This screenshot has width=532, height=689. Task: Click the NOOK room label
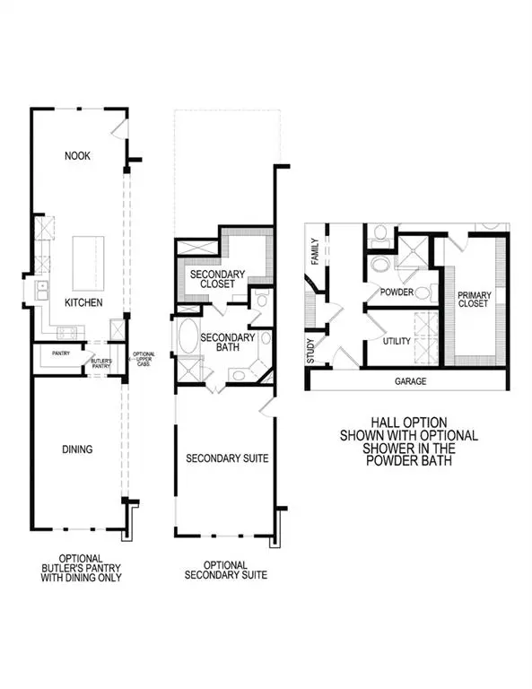click(x=77, y=156)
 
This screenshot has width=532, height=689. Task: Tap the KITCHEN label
click(x=83, y=303)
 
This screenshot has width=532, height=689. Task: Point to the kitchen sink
click(x=41, y=290)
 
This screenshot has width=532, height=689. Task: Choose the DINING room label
click(x=77, y=449)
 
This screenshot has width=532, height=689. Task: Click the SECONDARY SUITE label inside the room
click(x=227, y=458)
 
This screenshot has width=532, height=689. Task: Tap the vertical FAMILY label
click(x=315, y=249)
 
